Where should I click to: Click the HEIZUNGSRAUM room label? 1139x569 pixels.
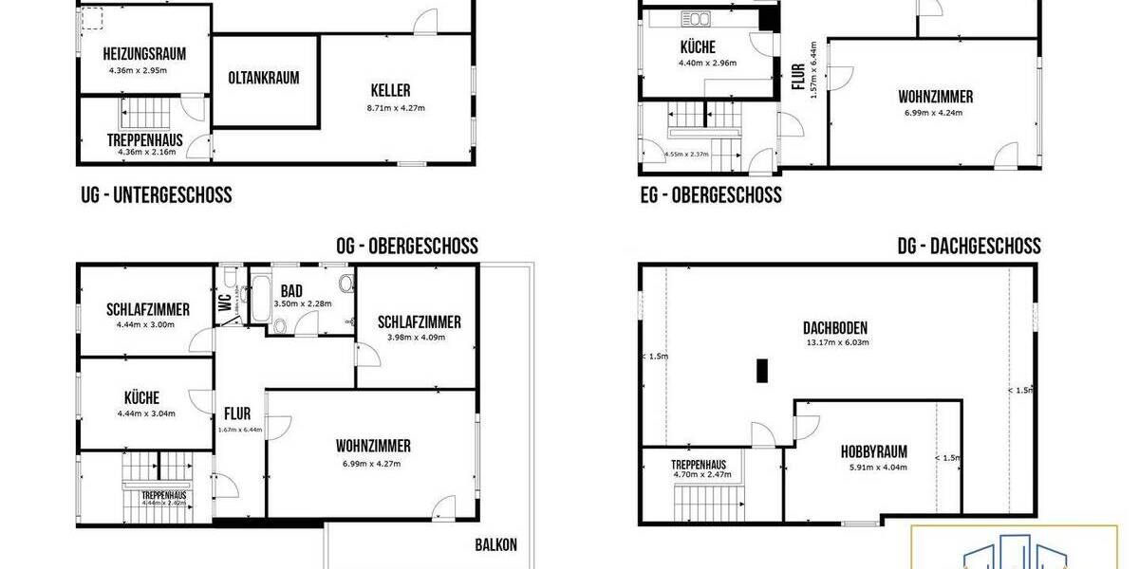[144, 54]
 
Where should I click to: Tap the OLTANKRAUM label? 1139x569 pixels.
[264, 78]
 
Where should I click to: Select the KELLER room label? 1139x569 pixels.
[390, 91]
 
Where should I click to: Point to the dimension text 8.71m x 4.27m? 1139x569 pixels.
[396, 107]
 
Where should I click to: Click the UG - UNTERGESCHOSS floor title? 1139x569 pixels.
[157, 195]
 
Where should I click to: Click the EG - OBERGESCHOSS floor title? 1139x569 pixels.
[711, 195]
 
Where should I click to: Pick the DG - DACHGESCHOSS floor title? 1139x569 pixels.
[969, 247]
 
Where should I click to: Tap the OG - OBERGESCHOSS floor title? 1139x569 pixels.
[407, 247]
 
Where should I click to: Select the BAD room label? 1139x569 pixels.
[291, 290]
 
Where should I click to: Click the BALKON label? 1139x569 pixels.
[496, 545]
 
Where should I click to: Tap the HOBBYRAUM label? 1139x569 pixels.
[874, 451]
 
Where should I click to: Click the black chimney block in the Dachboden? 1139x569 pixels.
[761, 370]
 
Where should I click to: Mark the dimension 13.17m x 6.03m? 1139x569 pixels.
[837, 342]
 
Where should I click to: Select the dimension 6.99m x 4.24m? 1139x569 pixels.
[935, 113]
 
